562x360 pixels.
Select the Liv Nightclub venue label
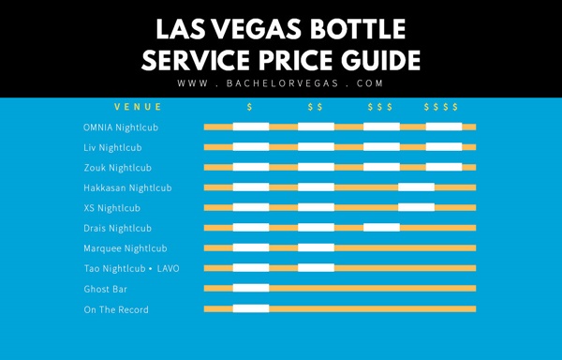click(112, 147)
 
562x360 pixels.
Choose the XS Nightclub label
click(111, 208)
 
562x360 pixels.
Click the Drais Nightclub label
click(115, 228)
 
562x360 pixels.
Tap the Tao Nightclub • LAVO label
click(130, 268)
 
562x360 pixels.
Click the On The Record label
click(115, 309)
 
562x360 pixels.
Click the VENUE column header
click(138, 107)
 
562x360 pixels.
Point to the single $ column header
click(249, 107)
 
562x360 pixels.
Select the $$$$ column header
click(440, 107)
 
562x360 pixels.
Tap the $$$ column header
click(379, 107)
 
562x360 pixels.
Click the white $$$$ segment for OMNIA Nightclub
click(443, 127)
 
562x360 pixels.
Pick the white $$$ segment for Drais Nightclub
click(380, 228)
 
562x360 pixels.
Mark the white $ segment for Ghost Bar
click(250, 289)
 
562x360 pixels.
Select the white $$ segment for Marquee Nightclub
click(316, 248)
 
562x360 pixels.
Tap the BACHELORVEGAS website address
click(281, 83)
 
